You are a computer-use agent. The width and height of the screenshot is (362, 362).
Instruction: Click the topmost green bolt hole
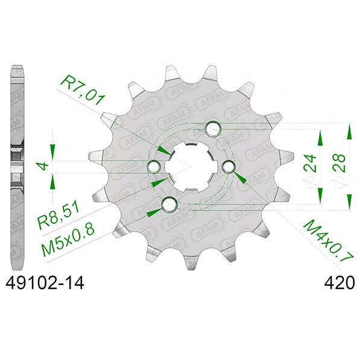point(213,128)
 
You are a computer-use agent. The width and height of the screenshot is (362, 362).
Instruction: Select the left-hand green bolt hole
point(154,166)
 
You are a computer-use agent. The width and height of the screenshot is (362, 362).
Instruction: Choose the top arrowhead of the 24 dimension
point(320,140)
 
